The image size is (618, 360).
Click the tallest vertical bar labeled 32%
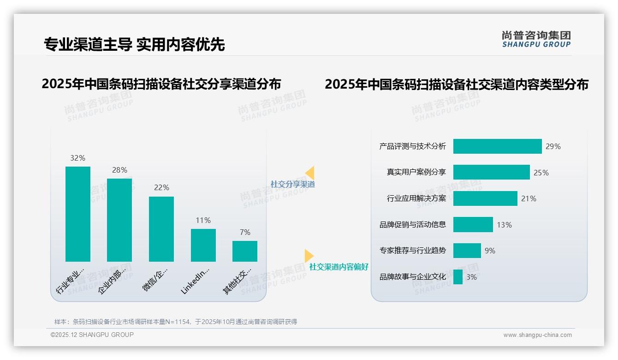[77, 214]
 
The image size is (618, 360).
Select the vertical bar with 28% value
[119, 220]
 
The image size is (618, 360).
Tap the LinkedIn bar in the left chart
[203, 245]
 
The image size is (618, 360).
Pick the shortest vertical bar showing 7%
[244, 251]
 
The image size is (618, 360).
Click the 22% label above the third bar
[161, 187]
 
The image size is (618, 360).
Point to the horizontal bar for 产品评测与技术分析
[497, 146]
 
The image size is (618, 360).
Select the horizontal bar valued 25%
[491, 172]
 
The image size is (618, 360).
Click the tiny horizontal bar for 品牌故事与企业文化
[458, 277]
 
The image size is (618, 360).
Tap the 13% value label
[504, 225]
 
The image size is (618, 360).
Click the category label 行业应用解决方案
[416, 198]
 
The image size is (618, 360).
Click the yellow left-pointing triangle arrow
[310, 173]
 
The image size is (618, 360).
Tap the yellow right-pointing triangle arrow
[309, 255]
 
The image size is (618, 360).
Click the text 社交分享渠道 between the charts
[292, 184]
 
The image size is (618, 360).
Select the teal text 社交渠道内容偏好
[339, 267]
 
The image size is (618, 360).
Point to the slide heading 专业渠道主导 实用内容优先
[134, 45]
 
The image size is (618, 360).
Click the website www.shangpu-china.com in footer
[537, 335]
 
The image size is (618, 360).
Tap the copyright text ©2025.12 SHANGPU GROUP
[92, 335]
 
